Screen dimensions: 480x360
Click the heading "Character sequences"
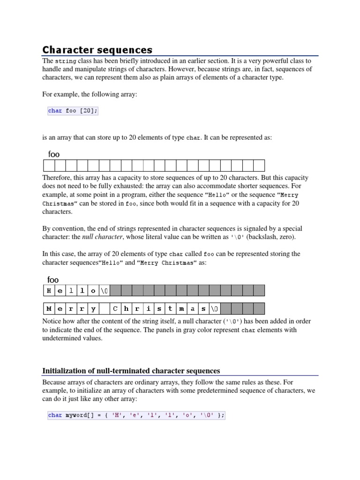pos(97,50)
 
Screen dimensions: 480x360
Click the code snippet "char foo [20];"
pos(73,111)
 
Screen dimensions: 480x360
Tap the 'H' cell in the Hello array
pos(49,291)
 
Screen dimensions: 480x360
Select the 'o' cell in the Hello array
pos(93,291)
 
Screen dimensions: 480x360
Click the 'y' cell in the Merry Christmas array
pos(93,309)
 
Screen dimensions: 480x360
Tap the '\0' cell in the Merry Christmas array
pos(215,309)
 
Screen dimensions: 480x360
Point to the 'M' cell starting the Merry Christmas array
pos(49,309)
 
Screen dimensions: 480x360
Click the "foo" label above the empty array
pos(54,154)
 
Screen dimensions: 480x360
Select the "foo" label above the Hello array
pos(53,280)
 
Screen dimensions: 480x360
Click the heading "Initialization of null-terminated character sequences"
pos(131,370)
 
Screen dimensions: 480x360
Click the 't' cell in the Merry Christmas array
pos(170,309)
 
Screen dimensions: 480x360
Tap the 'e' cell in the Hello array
pos(60,291)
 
